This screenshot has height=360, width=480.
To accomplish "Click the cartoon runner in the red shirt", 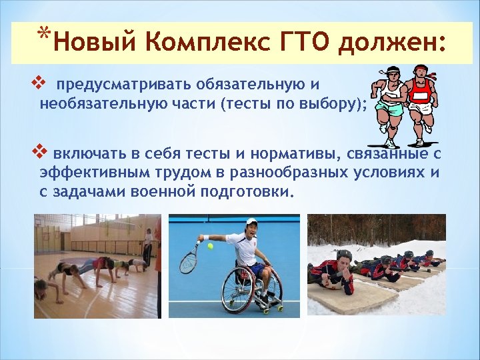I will (x=420, y=100).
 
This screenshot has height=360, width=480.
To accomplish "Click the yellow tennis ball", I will (x=210, y=246).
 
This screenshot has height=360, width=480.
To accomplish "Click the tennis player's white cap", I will (x=251, y=221).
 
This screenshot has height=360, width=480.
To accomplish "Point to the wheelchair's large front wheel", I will (x=240, y=290).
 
